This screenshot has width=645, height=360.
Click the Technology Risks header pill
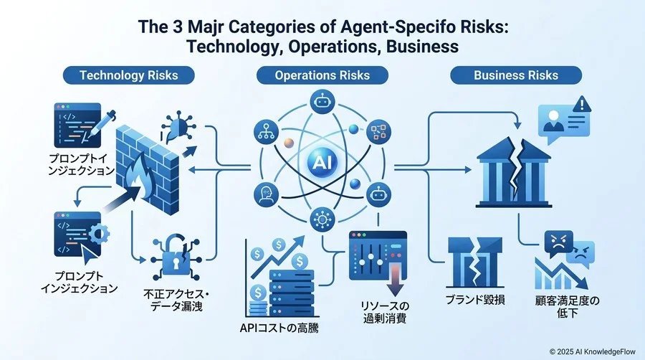tap(129, 75)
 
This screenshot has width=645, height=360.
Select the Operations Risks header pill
tap(322, 75)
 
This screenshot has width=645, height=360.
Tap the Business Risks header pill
tap(516, 75)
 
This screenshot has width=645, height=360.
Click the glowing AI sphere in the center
tap(322, 163)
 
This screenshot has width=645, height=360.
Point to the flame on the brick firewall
tap(140, 178)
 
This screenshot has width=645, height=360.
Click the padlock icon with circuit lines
tap(176, 257)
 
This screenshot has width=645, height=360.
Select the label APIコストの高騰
tap(279, 328)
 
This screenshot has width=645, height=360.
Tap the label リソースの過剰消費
tap(385, 312)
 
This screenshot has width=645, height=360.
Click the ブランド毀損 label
tap(475, 300)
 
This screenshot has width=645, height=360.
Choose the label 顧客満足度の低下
tap(568, 306)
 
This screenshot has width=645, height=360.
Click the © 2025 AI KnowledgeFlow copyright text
tap(593, 351)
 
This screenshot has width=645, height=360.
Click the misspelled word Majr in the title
tap(205, 27)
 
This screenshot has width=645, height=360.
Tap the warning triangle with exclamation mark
tap(581, 104)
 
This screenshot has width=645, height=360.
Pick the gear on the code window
tap(99, 235)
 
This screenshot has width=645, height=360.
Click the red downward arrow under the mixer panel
tap(395, 280)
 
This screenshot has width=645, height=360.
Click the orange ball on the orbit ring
tap(289, 143)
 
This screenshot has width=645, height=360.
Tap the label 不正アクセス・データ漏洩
tap(176, 300)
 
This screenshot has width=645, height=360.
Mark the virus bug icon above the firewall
tap(178, 126)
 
